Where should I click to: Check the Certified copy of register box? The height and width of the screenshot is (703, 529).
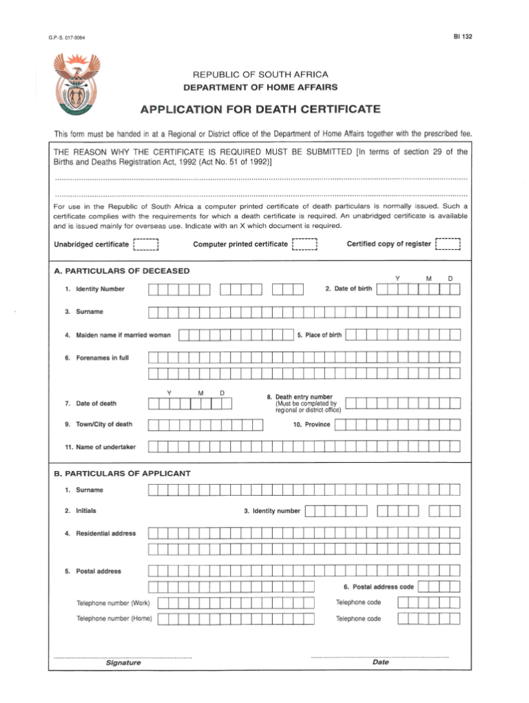coord(448,244)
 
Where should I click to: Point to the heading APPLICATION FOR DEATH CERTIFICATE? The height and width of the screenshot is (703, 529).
coord(260,109)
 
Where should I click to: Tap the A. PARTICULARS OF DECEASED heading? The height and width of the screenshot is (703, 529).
coord(121,271)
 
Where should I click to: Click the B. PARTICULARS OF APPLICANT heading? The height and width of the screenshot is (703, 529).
coord(122,473)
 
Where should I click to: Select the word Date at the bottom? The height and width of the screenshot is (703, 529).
coord(380,662)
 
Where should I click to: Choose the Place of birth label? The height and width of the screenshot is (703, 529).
coord(319,335)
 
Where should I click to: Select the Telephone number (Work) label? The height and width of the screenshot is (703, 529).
coord(114,603)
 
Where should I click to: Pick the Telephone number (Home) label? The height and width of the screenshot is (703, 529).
coord(114,618)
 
